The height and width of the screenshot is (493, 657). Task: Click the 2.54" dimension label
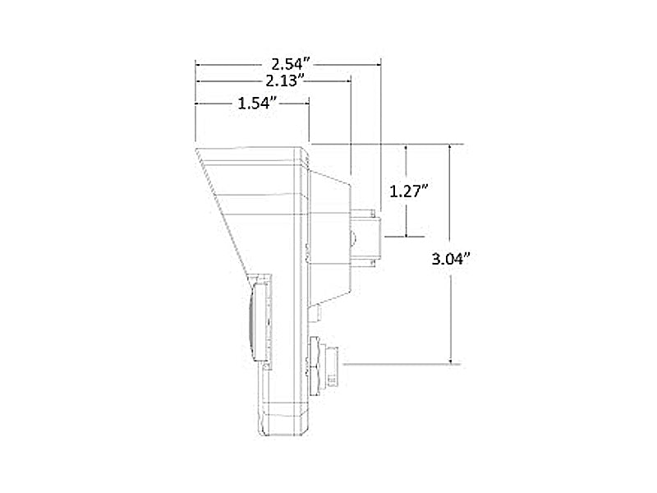[x=291, y=64]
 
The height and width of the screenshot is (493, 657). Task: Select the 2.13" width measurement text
[x=284, y=80]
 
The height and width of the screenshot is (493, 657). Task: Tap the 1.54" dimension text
[x=258, y=103]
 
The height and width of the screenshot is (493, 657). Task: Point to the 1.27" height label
[x=408, y=191]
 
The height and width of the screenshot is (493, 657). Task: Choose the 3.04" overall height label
[x=452, y=259]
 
